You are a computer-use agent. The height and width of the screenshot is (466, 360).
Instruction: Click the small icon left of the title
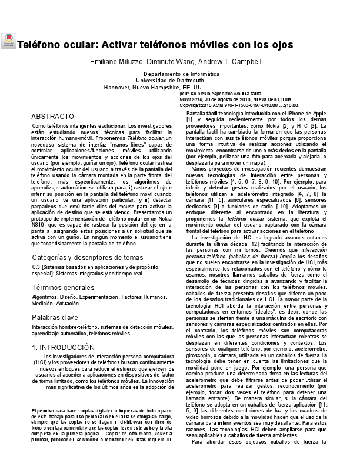coord(8,41)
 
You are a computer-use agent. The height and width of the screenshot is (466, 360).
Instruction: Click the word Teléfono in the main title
coord(40,45)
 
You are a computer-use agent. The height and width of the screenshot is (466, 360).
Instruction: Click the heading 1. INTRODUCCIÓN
coord(63,348)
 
